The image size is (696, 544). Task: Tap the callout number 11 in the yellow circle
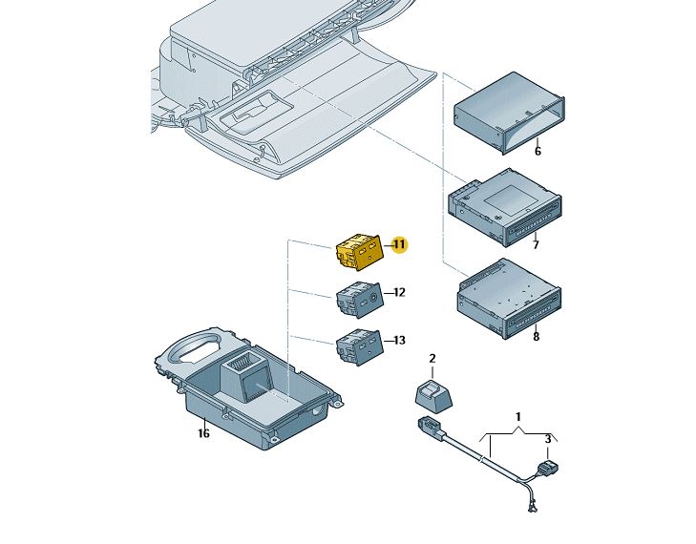399,245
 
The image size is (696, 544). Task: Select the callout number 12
399,292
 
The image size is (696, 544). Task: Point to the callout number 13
399,340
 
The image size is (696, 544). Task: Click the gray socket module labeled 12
358,300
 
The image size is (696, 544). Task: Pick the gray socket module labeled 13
358,345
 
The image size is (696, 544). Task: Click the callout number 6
538,151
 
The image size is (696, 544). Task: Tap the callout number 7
536,245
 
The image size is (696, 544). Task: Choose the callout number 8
536,336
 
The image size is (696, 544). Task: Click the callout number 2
432,359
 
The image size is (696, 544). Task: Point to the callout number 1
518,417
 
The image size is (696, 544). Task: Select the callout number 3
548,438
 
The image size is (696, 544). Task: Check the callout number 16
203,433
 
